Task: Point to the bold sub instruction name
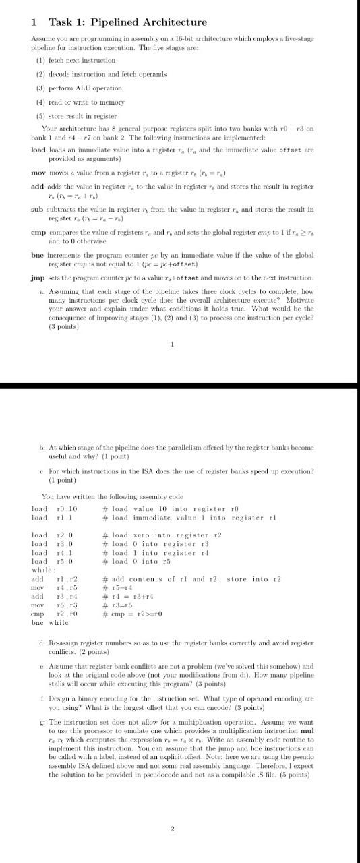[x=38, y=210]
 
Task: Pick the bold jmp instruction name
[x=38, y=278]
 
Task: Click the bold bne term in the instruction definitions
[x=38, y=256]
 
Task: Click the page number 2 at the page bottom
[x=173, y=829]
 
